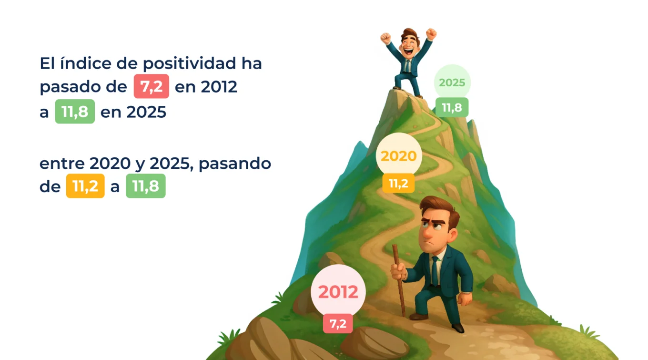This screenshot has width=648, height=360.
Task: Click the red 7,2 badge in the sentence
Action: click(152, 86)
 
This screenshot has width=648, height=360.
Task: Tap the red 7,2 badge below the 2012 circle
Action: click(338, 324)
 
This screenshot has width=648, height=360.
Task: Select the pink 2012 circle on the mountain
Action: click(338, 291)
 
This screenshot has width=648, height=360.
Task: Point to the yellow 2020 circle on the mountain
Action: click(399, 156)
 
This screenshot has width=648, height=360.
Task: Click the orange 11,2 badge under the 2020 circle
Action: click(398, 183)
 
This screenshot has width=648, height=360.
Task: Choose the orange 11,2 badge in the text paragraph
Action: click(85, 186)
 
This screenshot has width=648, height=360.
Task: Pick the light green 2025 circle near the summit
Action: click(452, 82)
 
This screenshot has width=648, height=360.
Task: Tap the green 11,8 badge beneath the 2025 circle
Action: click(452, 107)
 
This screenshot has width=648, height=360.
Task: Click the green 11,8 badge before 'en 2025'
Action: click(75, 112)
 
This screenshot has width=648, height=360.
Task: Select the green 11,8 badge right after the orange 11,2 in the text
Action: click(145, 186)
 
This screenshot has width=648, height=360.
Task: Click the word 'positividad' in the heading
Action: click(190, 64)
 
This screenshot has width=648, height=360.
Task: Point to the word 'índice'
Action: click(86, 63)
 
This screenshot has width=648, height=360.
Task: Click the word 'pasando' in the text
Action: click(235, 165)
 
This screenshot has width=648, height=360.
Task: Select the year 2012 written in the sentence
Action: click(219, 86)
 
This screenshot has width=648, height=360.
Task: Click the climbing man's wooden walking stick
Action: click(399, 281)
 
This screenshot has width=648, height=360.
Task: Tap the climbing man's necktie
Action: click(434, 270)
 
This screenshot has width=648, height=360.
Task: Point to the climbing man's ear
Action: click(452, 235)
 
